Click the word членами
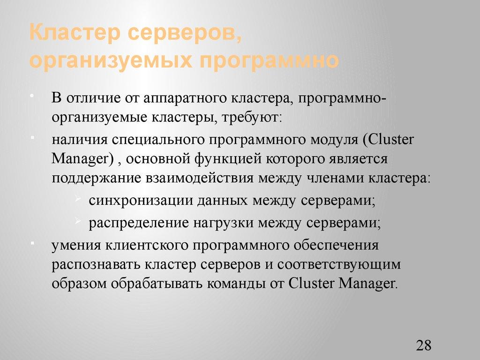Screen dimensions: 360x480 tap(337, 178)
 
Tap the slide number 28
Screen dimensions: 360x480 tap(423, 345)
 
